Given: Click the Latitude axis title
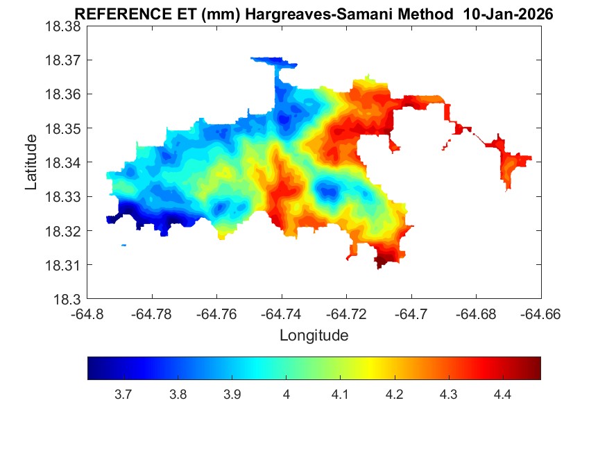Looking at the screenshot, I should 31,162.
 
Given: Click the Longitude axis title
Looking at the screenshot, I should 314,336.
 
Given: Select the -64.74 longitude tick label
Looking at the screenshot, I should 281,314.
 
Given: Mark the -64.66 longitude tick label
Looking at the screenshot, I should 540,314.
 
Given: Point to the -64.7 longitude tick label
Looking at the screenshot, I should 412,314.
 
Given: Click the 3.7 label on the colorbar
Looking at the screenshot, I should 123,395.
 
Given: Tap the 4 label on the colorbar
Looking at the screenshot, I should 286,395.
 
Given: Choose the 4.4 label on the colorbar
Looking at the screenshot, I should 502,395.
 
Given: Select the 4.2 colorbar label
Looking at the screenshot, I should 394,395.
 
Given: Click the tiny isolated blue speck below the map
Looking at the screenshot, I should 123,245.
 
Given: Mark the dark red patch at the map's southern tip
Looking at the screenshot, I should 382,262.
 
